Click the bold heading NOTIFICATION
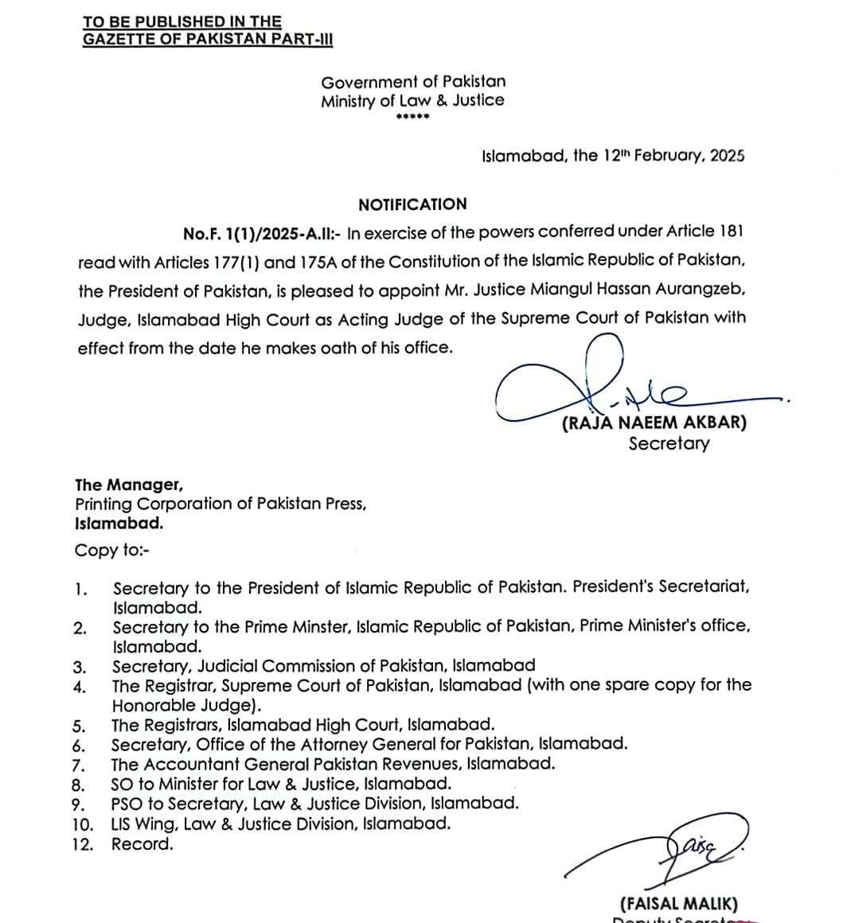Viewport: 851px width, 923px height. pos(412,204)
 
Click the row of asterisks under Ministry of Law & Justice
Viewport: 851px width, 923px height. pos(412,118)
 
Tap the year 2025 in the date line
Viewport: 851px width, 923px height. pos(727,156)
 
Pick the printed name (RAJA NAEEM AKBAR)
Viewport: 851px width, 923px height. pos(654,423)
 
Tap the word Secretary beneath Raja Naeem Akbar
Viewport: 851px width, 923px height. pos(668,444)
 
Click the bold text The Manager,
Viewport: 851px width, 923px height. pos(129,485)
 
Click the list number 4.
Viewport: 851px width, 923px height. pos(79,687)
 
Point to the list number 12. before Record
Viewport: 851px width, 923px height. pos(82,844)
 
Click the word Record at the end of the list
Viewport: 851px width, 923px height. pos(142,844)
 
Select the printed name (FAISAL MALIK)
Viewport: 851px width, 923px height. pos(678,904)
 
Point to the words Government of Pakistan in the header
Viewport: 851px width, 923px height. pos(413,81)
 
